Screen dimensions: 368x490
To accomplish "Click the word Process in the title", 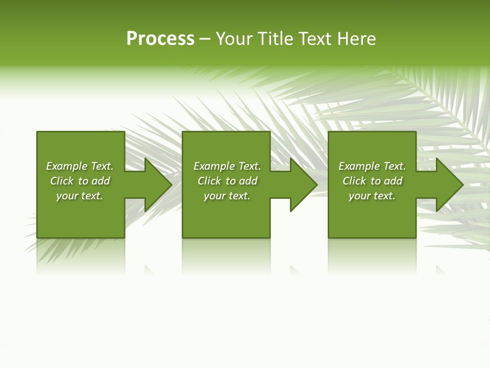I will pos(160,39).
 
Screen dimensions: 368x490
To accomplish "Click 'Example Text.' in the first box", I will pos(80,166).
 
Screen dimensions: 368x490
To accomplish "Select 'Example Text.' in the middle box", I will pos(227,166).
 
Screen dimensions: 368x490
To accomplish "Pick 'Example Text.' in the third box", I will pos(372,166).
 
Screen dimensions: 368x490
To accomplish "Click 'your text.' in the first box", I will pos(80,196).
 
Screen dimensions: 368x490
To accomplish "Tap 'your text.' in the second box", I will pos(227,196).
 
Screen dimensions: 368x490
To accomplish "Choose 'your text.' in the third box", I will pos(372,196).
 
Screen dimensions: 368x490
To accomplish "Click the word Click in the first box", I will pos(62,181).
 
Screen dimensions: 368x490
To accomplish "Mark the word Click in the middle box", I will pos(209,181).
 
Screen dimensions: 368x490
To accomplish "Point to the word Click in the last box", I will pos(354,181).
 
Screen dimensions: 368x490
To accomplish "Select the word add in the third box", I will pos(393,181).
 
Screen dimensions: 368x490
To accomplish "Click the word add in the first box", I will pos(101,181).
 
